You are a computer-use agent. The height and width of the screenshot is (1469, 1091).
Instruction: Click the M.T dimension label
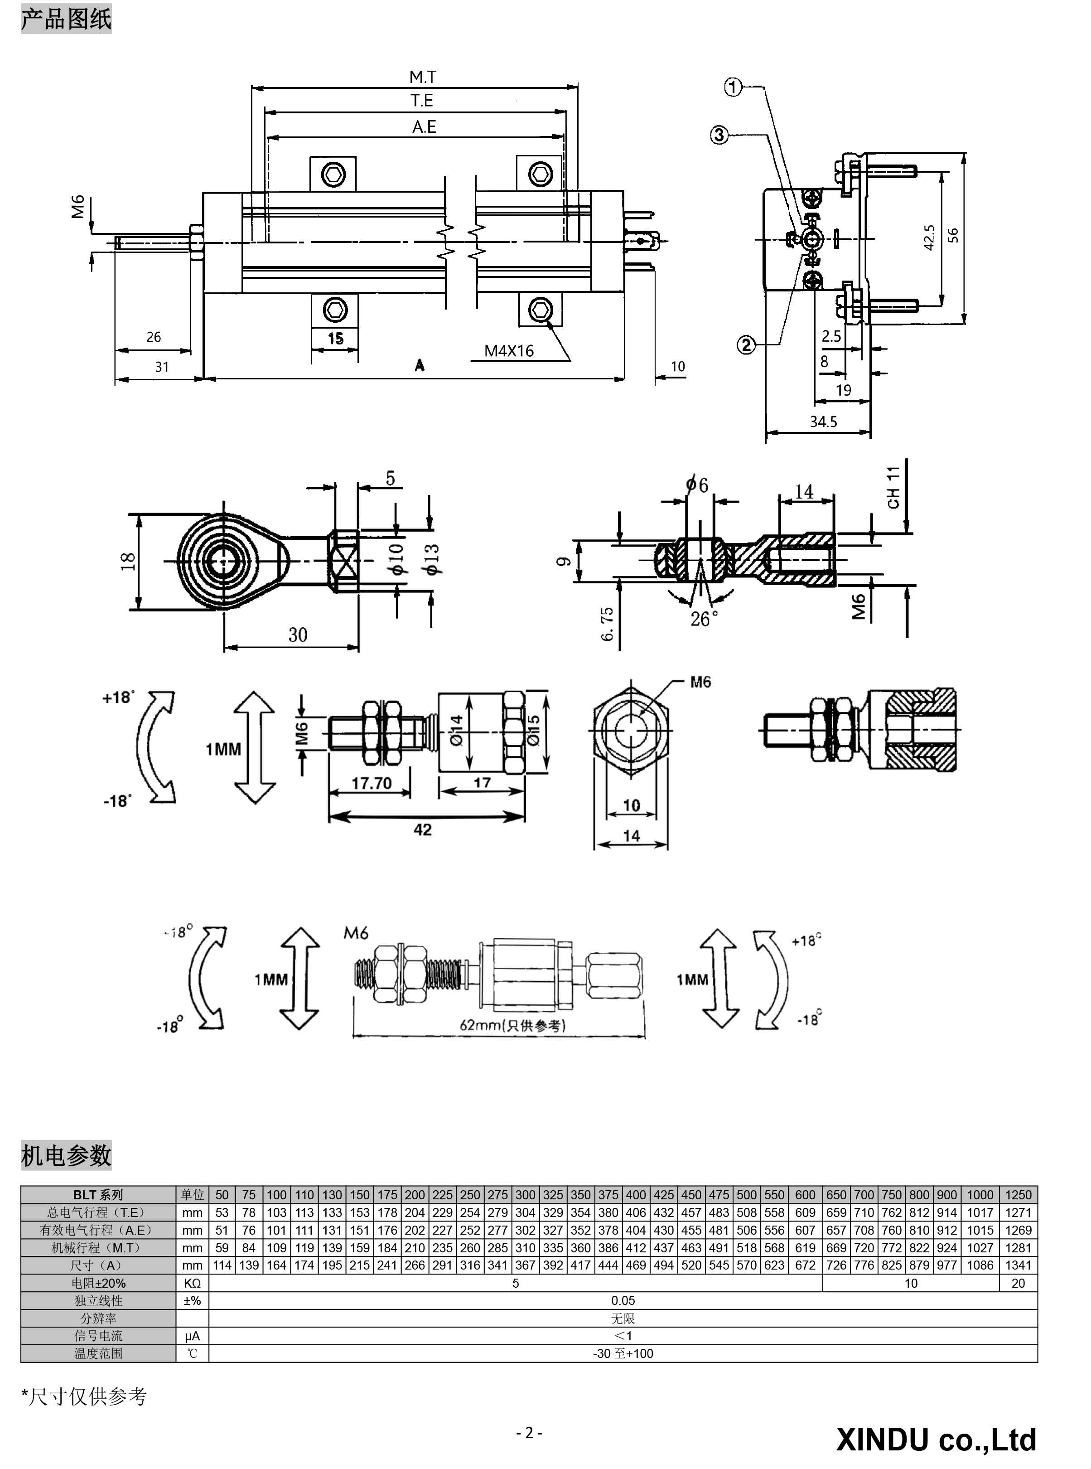pos(423,78)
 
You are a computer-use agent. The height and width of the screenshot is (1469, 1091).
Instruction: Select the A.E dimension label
pos(424,127)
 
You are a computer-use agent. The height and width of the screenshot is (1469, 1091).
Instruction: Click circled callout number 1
pos(734,87)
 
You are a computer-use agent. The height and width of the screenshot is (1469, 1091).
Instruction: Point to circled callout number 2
pos(746,344)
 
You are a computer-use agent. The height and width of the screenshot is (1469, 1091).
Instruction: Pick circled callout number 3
pos(719,136)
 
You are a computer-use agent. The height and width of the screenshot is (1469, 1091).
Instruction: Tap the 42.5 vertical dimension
pos(928,238)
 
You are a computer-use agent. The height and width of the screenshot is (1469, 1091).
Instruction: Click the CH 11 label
pos(893,487)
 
